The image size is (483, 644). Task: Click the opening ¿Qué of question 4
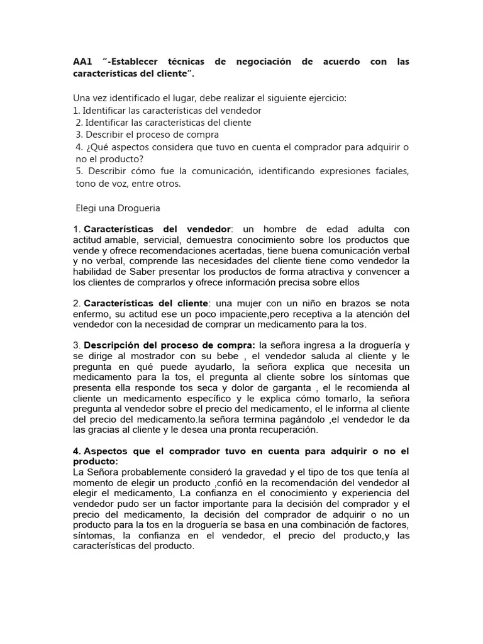point(93,147)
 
